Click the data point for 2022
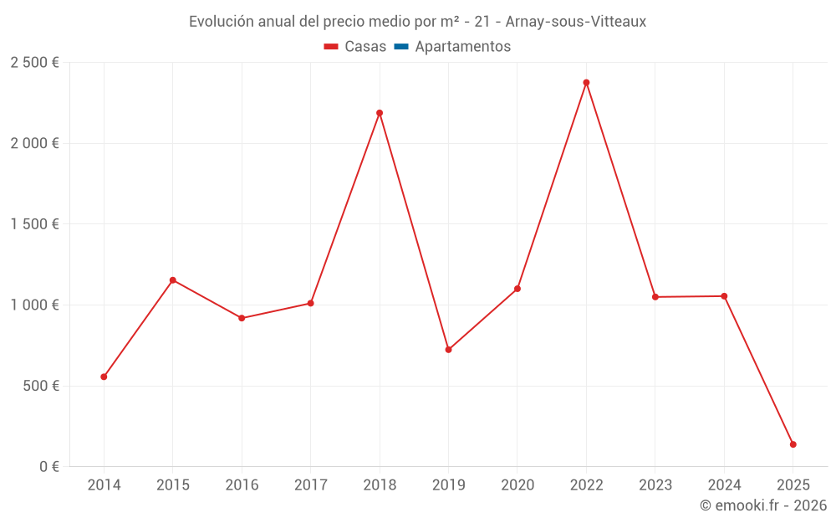click(586, 83)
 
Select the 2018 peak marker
click(380, 113)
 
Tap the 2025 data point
click(793, 444)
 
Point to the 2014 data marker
click(104, 377)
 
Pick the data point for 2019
click(448, 350)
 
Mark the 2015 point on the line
click(173, 280)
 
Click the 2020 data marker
click(517, 289)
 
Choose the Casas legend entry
click(355, 47)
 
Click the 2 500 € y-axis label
click(34, 63)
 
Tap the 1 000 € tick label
click(34, 305)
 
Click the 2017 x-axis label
click(310, 485)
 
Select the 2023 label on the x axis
click(655, 485)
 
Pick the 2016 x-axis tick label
click(242, 485)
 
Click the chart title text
click(417, 22)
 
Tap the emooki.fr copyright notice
click(763, 505)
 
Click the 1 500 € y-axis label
click(34, 224)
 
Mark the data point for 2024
click(724, 296)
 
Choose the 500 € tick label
click(39, 386)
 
